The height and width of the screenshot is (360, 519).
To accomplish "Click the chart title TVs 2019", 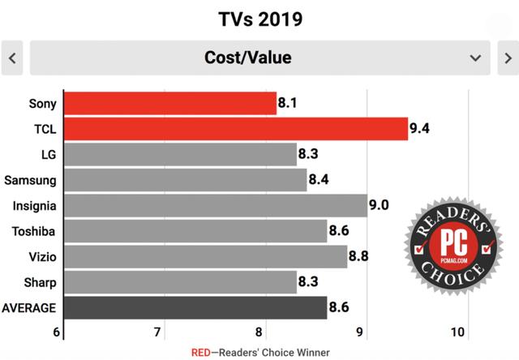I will tap(259, 18).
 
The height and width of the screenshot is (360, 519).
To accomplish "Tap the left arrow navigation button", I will tap(12, 58).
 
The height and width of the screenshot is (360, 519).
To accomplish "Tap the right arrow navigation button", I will tap(506, 58).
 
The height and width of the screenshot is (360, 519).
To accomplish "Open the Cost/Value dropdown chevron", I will tap(475, 58).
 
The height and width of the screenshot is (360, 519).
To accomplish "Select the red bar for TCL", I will tap(235, 128).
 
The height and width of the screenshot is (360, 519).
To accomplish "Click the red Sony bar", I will tap(169, 103).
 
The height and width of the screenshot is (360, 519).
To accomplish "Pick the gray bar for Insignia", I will tap(215, 204).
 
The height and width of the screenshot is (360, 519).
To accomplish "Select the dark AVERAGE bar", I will tap(195, 307).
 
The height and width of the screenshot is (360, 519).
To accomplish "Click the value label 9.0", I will tap(379, 204).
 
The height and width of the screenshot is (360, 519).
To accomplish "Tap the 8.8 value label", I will tap(358, 256).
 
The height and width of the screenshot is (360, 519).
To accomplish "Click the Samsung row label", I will tap(30, 179).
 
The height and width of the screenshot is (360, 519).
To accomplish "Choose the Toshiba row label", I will tap(33, 230).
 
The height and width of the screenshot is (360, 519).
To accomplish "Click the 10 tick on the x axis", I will tap(457, 332).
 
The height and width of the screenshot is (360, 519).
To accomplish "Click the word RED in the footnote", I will tap(201, 352).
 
